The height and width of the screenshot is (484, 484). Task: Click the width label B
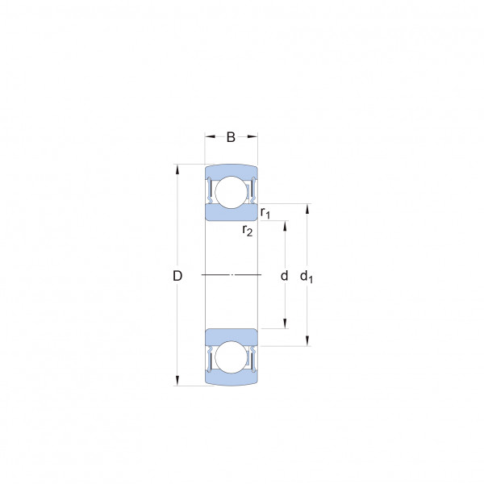pos(231,137)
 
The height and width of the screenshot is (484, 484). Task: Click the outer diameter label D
pos(177,276)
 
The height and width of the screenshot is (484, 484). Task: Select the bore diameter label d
pos(284,275)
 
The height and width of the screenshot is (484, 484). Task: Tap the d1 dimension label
pos(307,276)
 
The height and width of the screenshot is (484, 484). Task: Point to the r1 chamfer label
pos(265,213)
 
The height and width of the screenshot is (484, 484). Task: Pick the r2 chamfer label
pos(248,230)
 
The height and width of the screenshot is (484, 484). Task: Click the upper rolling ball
pos(232,192)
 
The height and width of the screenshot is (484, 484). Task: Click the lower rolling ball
pos(232,357)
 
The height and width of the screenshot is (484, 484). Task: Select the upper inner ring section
pos(232,213)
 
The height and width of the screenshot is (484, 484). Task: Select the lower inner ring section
pos(232,336)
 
